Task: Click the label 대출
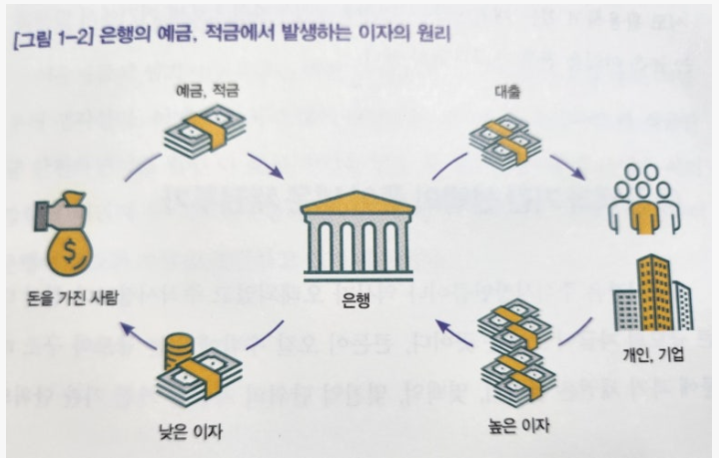tap(505, 91)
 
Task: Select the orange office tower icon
tap(652, 289)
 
